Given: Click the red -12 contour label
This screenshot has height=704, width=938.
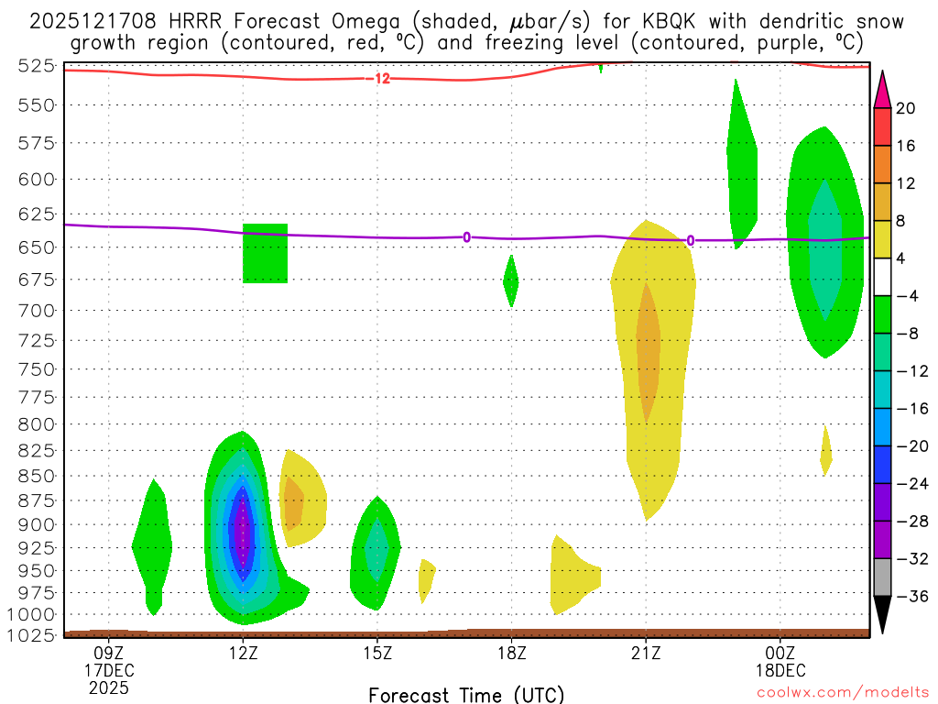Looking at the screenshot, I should [379, 79].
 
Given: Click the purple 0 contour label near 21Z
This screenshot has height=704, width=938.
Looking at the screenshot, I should [691, 241].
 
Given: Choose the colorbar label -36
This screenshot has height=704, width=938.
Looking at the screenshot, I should [910, 597].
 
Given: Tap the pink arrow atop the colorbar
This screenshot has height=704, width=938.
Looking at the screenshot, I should [883, 88].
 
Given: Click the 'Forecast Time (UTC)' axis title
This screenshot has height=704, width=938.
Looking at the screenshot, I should [466, 694].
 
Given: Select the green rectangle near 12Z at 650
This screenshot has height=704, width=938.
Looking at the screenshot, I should [265, 253].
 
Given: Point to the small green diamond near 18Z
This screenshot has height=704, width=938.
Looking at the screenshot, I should [511, 281].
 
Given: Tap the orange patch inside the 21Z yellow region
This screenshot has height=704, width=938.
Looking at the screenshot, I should [649, 353].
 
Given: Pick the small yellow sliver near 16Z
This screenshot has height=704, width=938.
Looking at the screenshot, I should [426, 578].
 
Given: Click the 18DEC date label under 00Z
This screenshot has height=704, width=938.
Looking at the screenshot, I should [780, 670].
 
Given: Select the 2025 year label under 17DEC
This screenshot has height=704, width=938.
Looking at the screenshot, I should [109, 687].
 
